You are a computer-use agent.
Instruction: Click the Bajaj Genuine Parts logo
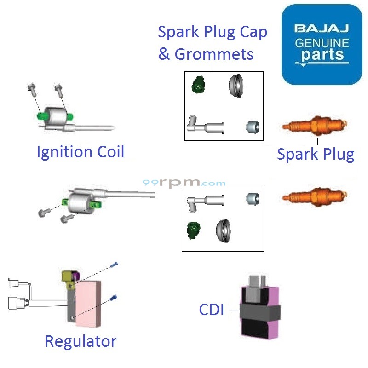[322, 45]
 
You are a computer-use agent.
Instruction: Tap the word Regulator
[80, 341]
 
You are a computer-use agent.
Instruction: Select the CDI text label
[212, 310]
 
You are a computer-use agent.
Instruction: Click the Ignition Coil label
[80, 152]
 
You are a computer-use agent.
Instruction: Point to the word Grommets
[214, 54]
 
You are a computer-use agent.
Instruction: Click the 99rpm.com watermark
[184, 183]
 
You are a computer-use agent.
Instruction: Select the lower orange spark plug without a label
[316, 196]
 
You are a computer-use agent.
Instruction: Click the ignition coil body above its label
[58, 116]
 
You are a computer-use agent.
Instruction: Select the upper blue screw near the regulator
[115, 265]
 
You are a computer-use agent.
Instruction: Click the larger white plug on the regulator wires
[17, 303]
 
